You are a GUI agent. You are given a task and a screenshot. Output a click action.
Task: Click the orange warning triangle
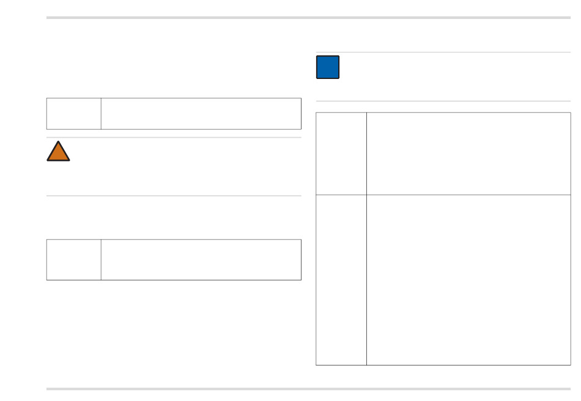[x=58, y=152]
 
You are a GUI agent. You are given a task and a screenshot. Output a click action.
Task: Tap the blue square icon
[x=328, y=67]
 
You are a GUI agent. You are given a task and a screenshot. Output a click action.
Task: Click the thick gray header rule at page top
[x=308, y=18]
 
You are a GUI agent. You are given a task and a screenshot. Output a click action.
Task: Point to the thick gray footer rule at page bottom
[x=308, y=389]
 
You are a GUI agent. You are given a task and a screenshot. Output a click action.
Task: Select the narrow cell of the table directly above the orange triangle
[x=74, y=114]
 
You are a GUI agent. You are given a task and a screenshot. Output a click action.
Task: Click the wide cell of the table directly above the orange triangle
[x=201, y=114]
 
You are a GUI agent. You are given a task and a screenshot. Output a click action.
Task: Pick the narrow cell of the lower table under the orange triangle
[x=74, y=260]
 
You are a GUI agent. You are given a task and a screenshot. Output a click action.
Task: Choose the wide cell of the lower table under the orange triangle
[x=201, y=260]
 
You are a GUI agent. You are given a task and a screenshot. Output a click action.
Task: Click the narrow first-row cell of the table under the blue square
[x=341, y=154]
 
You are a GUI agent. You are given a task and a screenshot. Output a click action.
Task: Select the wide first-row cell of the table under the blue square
[x=468, y=154]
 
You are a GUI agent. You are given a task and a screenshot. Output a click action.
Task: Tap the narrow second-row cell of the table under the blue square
[x=341, y=280]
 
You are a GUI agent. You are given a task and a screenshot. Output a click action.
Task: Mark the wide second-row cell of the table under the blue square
[x=468, y=280]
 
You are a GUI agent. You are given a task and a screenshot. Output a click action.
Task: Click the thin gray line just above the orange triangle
[x=174, y=138]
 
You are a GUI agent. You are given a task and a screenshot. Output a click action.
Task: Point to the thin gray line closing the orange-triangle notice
[x=174, y=196]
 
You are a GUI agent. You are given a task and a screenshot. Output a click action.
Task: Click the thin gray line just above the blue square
[x=443, y=53]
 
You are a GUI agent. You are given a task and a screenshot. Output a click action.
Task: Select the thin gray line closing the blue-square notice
[x=443, y=101]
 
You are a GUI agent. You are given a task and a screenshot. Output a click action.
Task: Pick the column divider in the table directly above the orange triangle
[x=101, y=114]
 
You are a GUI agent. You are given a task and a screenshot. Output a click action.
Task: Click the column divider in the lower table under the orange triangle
[x=101, y=260]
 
